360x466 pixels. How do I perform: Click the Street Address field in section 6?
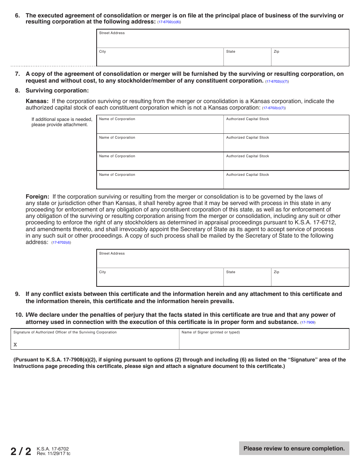[223, 39]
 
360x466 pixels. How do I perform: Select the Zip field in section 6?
[310, 58]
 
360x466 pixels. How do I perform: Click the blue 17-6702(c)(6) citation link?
[169, 22]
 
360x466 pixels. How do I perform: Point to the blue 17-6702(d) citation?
[61, 242]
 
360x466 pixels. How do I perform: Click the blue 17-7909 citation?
[308, 322]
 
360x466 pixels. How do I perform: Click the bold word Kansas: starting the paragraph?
[37, 101]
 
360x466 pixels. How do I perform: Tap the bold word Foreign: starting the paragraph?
[37, 197]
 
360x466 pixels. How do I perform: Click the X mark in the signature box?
[15, 345]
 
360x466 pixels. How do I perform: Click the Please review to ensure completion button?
[294, 449]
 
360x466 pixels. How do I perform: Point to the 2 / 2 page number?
[21, 451]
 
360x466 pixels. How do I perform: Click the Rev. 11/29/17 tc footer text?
[53, 453]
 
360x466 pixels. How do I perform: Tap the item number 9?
[17, 294]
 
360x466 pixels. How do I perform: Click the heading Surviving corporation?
[57, 91]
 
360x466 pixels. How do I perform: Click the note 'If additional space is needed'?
[62, 119]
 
